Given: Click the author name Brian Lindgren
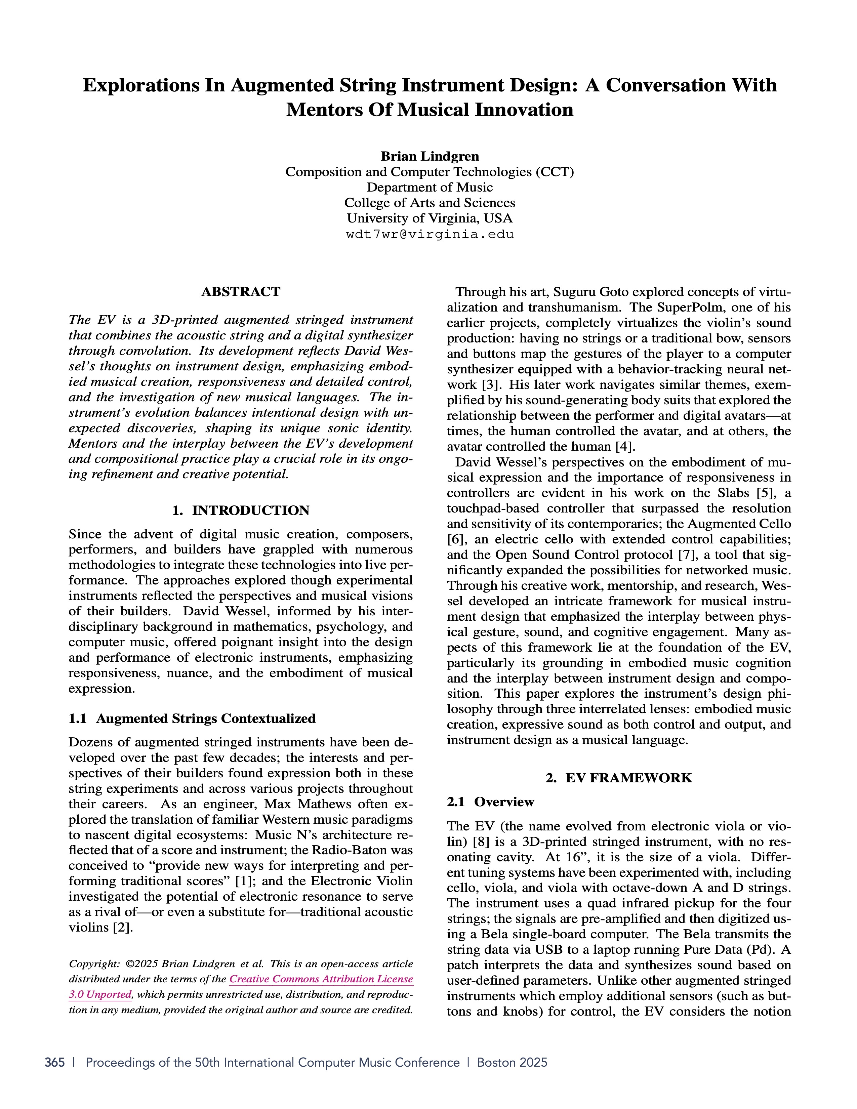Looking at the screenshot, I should click(x=430, y=156).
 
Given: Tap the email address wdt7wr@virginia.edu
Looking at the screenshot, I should click(x=430, y=235).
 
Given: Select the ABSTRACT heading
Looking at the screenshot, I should click(x=241, y=292).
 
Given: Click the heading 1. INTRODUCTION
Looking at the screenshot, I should click(x=241, y=510).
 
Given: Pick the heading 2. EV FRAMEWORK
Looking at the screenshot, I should click(x=618, y=778).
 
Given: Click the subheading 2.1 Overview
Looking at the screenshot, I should click(x=490, y=802).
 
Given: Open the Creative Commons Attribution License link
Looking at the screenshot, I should click(x=321, y=979).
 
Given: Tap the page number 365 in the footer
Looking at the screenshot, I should click(x=55, y=1063).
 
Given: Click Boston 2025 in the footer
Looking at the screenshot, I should click(x=512, y=1063).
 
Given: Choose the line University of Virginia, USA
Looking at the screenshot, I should click(x=430, y=218).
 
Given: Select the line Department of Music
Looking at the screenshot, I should click(x=430, y=188).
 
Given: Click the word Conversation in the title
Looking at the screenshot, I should click(x=665, y=85).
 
